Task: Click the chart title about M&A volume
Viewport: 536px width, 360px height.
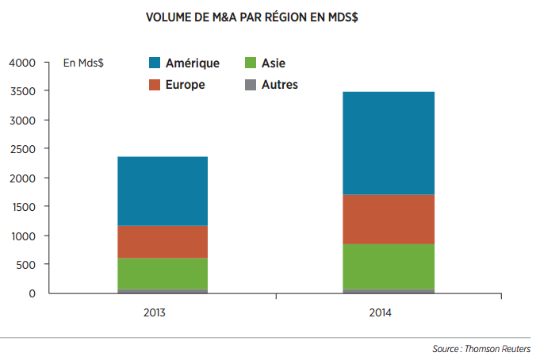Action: point(252,17)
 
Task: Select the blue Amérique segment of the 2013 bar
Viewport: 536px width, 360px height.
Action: point(163,191)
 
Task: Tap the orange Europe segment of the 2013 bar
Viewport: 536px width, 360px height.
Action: point(163,242)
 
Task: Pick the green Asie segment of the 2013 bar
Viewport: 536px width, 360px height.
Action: point(163,274)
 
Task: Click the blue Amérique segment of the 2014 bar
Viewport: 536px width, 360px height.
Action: point(389,144)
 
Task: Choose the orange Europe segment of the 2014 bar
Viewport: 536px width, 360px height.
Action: point(389,220)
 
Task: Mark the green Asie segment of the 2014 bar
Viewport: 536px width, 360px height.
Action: point(389,266)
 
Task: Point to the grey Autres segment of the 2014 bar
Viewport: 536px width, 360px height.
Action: point(389,291)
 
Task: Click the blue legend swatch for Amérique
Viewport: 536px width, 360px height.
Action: point(155,63)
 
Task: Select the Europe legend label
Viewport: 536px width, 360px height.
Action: point(186,85)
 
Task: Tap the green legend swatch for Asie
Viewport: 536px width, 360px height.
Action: point(251,63)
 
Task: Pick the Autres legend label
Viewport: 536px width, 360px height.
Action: point(280,85)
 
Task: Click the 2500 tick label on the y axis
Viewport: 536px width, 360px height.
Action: point(22,149)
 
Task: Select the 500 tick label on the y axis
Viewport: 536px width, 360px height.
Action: point(25,265)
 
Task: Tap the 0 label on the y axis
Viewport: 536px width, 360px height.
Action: point(33,293)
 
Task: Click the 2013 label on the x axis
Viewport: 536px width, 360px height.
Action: point(154,313)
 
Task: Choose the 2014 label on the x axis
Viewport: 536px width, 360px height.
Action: point(380,313)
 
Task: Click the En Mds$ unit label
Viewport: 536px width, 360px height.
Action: point(83,63)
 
